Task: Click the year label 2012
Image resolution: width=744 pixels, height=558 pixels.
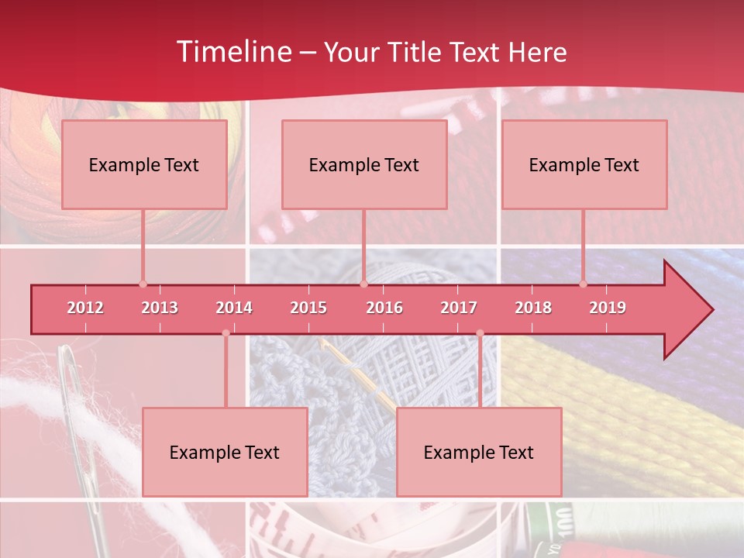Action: (x=85, y=308)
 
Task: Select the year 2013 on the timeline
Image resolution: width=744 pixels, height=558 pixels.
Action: (x=160, y=308)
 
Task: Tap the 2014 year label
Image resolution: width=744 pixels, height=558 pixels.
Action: (x=234, y=308)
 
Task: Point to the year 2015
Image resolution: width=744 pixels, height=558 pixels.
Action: (x=308, y=308)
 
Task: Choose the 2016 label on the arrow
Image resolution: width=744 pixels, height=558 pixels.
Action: (x=384, y=308)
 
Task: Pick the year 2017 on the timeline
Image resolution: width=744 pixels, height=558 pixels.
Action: (x=459, y=308)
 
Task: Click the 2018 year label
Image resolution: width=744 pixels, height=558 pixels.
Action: (x=533, y=308)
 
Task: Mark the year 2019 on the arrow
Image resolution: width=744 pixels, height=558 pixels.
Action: (x=608, y=308)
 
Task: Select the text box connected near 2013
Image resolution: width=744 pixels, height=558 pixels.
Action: (x=144, y=164)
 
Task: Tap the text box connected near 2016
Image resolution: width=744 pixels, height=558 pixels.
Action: (x=364, y=164)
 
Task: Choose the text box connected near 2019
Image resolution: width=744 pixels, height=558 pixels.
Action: (x=584, y=164)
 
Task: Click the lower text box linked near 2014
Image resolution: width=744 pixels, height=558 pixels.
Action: (x=225, y=452)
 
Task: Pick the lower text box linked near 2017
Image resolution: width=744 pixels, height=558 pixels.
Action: (x=479, y=452)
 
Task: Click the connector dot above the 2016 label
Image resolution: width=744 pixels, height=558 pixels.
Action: (x=363, y=284)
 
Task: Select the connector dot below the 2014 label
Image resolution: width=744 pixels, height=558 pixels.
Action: (x=226, y=333)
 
